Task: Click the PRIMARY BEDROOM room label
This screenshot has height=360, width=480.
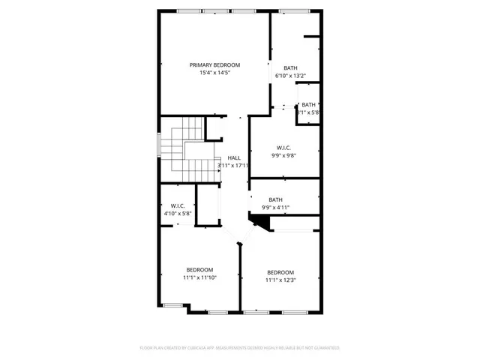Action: tap(214, 65)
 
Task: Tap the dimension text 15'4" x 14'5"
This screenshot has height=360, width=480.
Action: tap(214, 73)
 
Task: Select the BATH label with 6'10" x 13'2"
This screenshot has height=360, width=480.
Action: tap(289, 68)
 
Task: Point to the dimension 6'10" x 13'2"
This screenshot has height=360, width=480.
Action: tap(291, 76)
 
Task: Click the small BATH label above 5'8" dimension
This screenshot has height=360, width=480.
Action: tap(309, 104)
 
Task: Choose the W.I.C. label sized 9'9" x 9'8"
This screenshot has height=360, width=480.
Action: tap(284, 148)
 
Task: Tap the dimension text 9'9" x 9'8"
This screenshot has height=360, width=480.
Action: tap(284, 156)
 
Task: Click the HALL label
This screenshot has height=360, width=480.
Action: tap(234, 157)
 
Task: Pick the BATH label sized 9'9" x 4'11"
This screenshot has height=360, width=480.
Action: tap(275, 199)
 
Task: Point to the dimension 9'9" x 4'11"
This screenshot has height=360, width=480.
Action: tap(275, 208)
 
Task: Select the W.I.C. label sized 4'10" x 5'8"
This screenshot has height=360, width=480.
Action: tap(178, 205)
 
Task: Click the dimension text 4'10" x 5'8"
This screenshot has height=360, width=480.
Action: tap(178, 214)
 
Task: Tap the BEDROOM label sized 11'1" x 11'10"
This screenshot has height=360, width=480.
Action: tap(199, 269)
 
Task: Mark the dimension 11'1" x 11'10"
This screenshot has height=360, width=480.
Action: tap(199, 277)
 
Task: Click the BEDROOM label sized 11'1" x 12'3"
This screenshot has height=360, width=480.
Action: tap(280, 272)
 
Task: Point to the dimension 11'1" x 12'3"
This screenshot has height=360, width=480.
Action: tap(280, 280)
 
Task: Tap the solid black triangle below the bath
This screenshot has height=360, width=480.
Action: tap(260, 222)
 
